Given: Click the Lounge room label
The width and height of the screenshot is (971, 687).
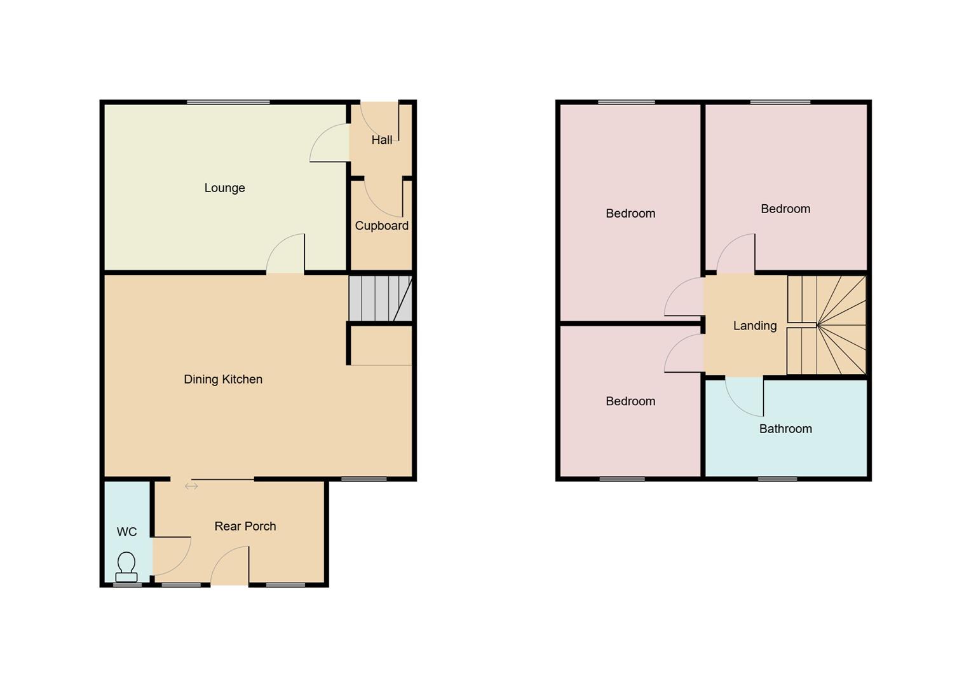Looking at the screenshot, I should pyautogui.click(x=224, y=188).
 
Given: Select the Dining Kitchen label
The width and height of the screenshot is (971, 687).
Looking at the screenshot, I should pyautogui.click(x=223, y=379).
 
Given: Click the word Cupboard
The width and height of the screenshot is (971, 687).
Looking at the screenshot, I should pyautogui.click(x=381, y=225).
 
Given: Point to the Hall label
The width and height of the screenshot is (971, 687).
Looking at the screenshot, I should pyautogui.click(x=381, y=140).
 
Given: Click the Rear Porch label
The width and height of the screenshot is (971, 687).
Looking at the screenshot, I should pyautogui.click(x=245, y=526).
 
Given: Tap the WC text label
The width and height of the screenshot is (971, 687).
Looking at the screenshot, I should pyautogui.click(x=126, y=532).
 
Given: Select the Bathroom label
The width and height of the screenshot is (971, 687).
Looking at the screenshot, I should pyautogui.click(x=785, y=429).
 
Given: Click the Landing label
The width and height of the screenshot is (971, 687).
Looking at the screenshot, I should pyautogui.click(x=754, y=326).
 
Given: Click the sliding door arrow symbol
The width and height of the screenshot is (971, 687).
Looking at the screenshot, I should pyautogui.click(x=191, y=486).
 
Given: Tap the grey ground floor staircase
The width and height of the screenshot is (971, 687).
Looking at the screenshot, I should pyautogui.click(x=380, y=298).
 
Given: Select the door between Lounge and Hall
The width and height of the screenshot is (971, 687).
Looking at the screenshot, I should pyautogui.click(x=329, y=143).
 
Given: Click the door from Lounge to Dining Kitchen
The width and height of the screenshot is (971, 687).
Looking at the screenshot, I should pyautogui.click(x=285, y=254).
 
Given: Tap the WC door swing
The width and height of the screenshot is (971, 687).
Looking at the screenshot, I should pyautogui.click(x=172, y=556).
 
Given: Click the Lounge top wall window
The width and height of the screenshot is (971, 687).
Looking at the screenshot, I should pyautogui.click(x=228, y=102).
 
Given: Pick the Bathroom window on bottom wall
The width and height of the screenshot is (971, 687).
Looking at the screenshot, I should pyautogui.click(x=777, y=478).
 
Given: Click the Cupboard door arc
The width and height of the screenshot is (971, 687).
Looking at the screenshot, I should pyautogui.click(x=383, y=197).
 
